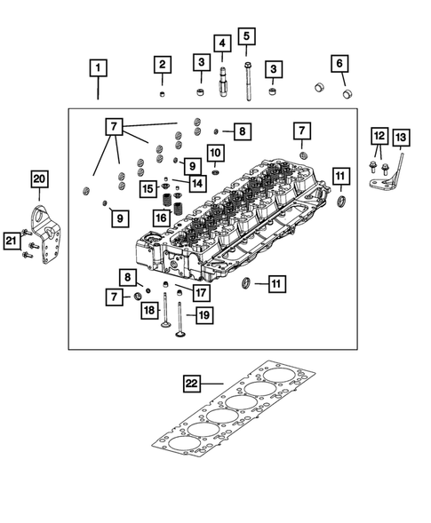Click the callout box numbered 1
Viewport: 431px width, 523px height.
point(99,67)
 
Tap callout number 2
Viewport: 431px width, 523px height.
point(161,64)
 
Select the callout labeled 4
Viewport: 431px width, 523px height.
point(219,43)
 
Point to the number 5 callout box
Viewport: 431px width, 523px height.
point(245,36)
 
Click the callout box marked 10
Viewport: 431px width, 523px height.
point(214,152)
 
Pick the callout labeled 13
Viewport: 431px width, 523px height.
point(400,137)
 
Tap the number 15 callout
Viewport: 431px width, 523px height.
point(148,187)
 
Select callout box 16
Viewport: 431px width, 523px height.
point(161,217)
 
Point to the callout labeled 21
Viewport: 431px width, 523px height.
point(10,239)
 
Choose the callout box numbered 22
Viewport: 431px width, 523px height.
point(191,384)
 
